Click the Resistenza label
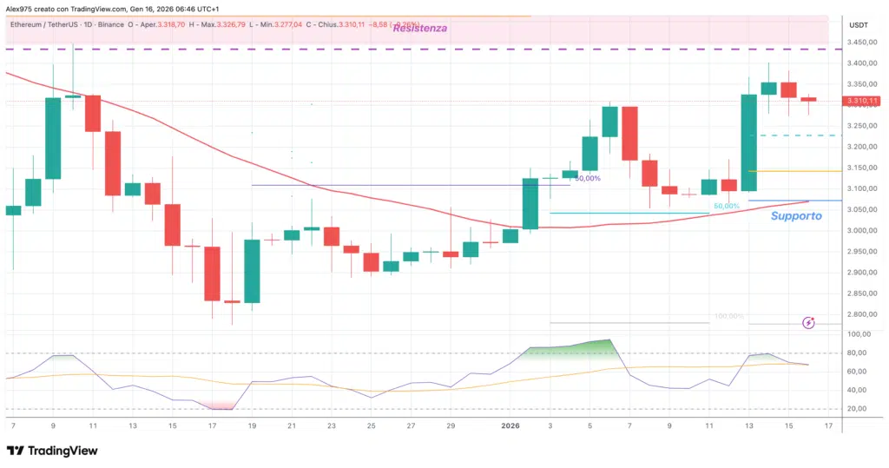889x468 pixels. click(420, 28)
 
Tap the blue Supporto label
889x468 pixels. click(796, 215)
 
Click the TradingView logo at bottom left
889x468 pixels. click(52, 451)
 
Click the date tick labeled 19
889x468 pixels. click(252, 426)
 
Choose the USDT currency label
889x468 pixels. click(858, 24)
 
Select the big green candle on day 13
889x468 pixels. click(748, 142)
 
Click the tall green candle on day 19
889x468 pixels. click(252, 271)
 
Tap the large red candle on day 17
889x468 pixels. click(212, 274)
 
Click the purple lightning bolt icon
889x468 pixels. click(809, 322)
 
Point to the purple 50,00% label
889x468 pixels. click(588, 178)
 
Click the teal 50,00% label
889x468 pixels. click(726, 206)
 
